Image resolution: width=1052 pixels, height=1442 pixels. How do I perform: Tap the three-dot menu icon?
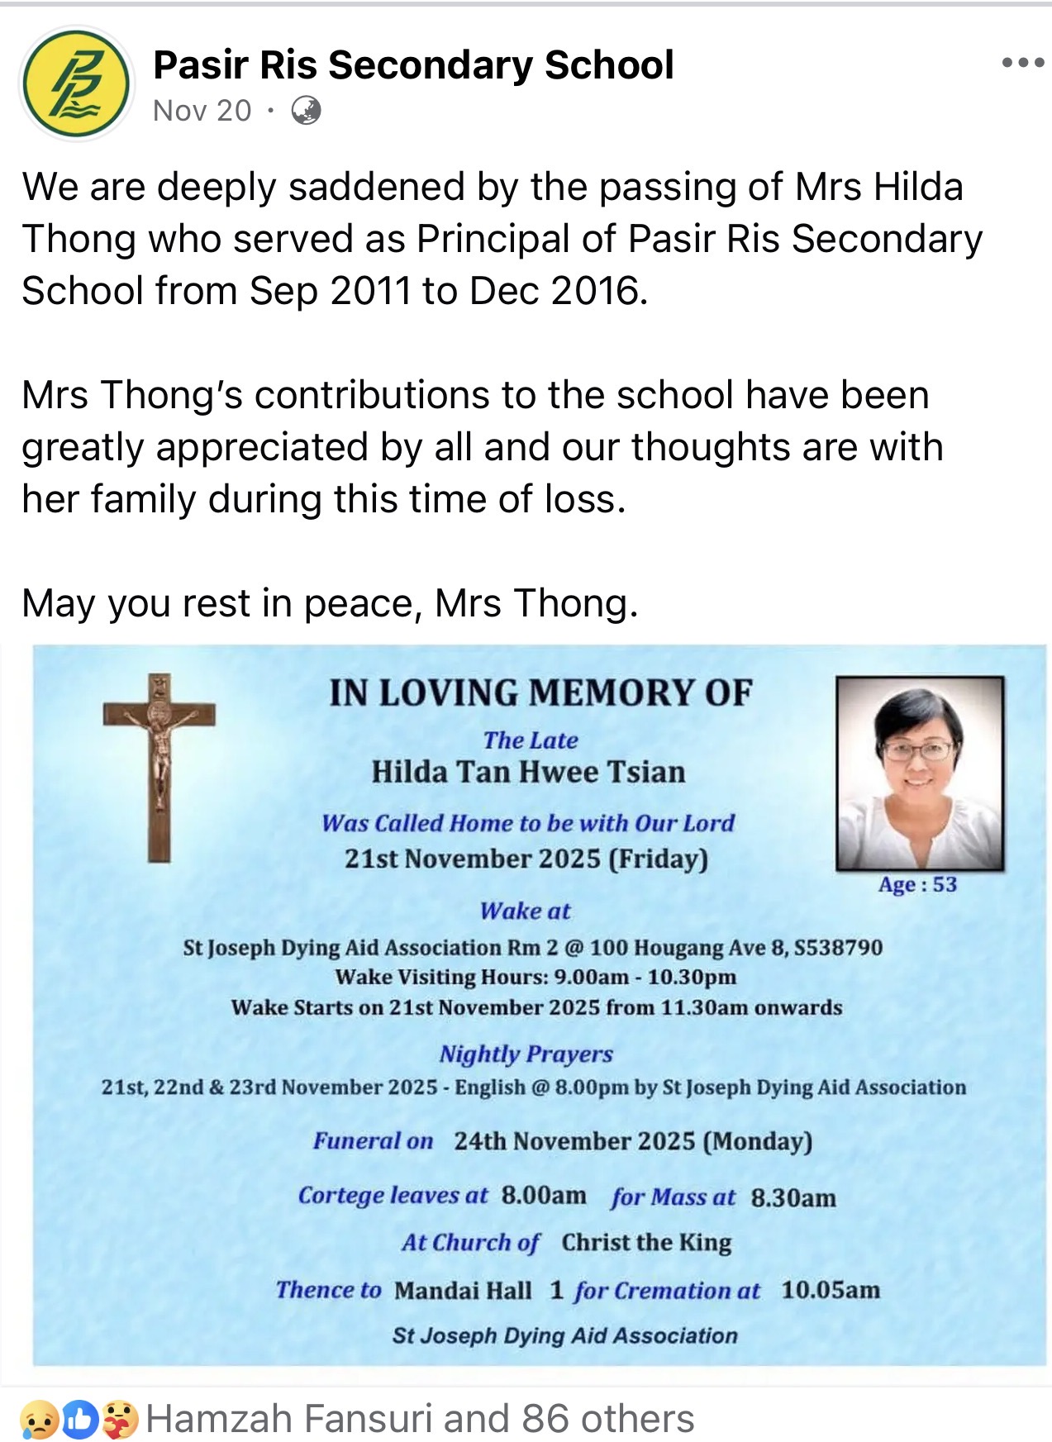(1022, 64)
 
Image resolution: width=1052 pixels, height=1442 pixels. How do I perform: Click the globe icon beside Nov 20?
(307, 110)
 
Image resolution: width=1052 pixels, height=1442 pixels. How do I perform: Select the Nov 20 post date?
(202, 110)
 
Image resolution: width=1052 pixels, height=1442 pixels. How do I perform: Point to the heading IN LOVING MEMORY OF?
(540, 692)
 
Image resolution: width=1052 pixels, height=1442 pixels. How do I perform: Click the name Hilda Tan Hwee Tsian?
(528, 772)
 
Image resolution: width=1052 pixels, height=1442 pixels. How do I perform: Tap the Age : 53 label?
(917, 884)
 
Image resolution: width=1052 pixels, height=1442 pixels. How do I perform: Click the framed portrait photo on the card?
(920, 773)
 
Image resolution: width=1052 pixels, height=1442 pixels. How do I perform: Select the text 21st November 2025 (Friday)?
(526, 859)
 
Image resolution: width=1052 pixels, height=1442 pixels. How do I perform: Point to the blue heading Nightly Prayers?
(526, 1054)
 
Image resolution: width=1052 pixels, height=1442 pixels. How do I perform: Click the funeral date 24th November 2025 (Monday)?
(632, 1141)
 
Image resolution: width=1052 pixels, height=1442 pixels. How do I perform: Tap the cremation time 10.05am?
(831, 1290)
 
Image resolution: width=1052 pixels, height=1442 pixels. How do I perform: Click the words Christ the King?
(646, 1243)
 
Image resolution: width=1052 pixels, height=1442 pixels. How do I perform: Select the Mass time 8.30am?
(793, 1197)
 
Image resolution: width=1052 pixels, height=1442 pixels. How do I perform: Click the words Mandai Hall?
(463, 1290)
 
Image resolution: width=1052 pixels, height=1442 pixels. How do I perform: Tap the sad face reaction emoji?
(39, 1420)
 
